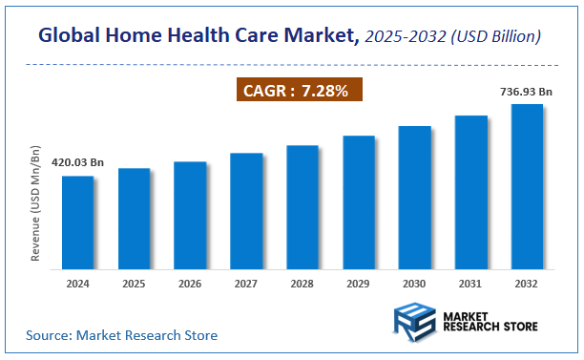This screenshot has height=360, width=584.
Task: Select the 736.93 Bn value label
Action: point(527,91)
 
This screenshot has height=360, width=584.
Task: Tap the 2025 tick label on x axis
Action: point(135,284)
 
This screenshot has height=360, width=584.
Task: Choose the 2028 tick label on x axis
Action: point(302,284)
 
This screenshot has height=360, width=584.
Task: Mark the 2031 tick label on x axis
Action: point(470,284)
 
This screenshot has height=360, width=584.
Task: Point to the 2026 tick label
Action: point(190,284)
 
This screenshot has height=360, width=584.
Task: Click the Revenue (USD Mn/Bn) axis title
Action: point(35,204)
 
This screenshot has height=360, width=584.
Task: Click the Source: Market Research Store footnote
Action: point(121,335)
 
